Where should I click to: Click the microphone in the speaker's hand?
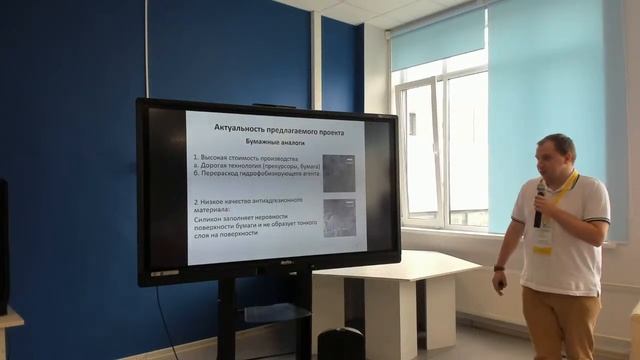(x=539, y=204)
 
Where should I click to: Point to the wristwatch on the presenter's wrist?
(x=499, y=268)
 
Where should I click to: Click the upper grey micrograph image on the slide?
(x=339, y=172)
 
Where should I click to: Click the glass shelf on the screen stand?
(x=265, y=312)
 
